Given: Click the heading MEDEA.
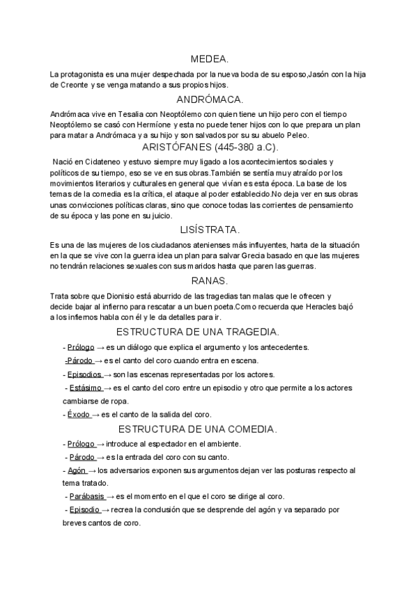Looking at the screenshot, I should click(x=209, y=60).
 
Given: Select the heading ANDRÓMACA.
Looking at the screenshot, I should click(x=209, y=99).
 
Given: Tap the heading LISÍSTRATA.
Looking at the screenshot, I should click(x=209, y=229).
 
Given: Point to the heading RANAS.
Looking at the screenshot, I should click(x=209, y=280).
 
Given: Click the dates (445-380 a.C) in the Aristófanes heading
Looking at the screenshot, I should click(x=240, y=147).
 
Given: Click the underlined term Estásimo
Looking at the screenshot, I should click(x=86, y=387).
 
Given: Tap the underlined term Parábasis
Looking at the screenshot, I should click(x=88, y=497).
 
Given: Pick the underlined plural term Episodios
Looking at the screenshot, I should click(x=84, y=374).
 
